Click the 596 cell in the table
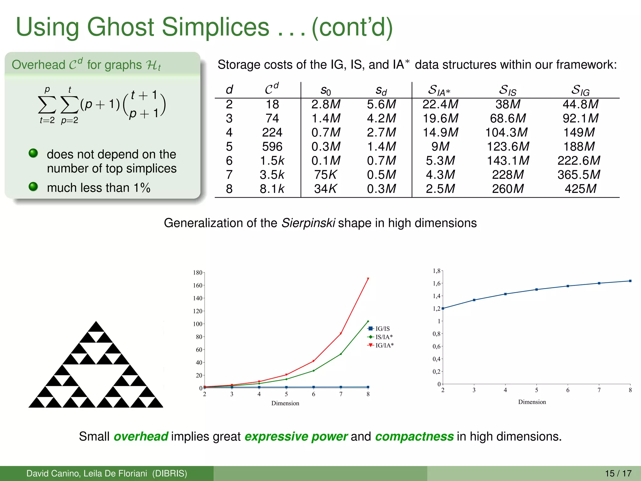272,147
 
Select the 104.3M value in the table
506,132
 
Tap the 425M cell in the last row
580,189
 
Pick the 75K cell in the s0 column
326,175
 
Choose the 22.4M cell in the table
440,104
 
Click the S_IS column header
507,90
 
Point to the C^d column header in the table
271,89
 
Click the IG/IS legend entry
379,328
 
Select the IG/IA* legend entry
381,345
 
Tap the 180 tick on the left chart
197,272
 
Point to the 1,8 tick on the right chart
436,271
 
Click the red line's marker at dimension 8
368,279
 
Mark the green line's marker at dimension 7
341,354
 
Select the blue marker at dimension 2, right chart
443,308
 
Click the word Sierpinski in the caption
308,223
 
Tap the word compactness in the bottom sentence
414,436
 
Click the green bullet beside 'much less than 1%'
33,187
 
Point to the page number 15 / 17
618,473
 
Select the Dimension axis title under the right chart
532,402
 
